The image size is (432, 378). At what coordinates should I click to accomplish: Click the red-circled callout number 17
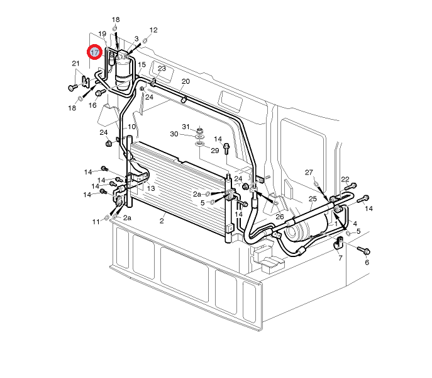[94, 52]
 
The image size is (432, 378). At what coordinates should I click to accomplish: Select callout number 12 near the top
[153, 30]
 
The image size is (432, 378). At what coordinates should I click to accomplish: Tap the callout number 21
[75, 64]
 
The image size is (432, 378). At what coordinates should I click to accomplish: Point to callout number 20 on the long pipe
[186, 81]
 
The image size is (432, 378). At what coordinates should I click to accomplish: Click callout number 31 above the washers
[186, 127]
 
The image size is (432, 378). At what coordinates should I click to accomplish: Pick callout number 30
[174, 134]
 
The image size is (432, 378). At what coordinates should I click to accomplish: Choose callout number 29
[215, 151]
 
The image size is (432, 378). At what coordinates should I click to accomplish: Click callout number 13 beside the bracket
[151, 188]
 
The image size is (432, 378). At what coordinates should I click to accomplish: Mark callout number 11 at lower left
[96, 222]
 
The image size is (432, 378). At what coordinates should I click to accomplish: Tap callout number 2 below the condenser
[162, 221]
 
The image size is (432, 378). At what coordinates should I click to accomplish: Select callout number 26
[280, 217]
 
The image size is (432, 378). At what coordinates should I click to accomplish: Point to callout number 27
[309, 172]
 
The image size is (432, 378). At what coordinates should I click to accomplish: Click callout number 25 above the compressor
[313, 199]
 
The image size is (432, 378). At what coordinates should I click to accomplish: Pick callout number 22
[345, 180]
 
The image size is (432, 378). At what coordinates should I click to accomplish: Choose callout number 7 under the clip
[340, 258]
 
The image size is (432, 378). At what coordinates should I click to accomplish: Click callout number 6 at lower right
[367, 262]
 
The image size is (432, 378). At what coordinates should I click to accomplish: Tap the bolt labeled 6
[363, 250]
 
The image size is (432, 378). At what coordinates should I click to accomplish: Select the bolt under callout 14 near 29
[226, 149]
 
